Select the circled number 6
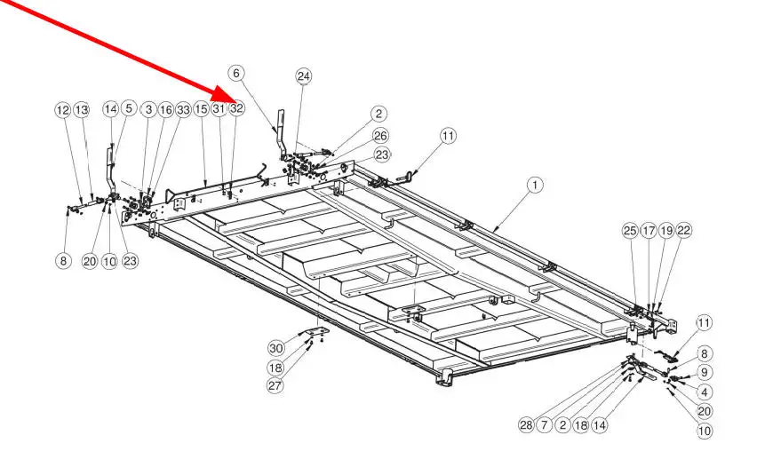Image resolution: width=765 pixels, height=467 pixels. coord(235,73)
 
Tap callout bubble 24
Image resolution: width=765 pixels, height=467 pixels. coord(304,76)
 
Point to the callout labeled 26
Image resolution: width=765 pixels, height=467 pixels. coord(380,136)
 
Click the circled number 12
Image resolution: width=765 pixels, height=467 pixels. coord(62,109)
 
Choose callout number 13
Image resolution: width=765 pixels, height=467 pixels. coord(82,109)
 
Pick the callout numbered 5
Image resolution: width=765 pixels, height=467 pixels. coord(129,108)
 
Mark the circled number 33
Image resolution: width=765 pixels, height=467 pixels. coord(183,109)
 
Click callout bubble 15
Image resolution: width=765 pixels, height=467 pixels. coord(202,108)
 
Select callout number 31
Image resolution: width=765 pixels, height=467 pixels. coord(219,108)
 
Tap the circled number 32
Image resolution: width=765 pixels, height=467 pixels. coord(236,108)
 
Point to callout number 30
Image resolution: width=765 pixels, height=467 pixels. coord(276,348)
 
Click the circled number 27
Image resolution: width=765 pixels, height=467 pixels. coord(276,385)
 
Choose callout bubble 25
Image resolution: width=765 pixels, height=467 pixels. coord(630,231)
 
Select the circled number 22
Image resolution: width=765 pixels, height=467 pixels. coord(683,231)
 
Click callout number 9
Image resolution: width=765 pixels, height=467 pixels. coord(705,372)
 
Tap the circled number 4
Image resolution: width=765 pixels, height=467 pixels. coord(705,392)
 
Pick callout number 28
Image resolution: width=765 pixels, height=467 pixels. coord(527,425)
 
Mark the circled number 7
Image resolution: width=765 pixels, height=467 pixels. coord(545,425)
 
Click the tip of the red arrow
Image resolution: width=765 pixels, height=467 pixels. coord(232,98)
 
